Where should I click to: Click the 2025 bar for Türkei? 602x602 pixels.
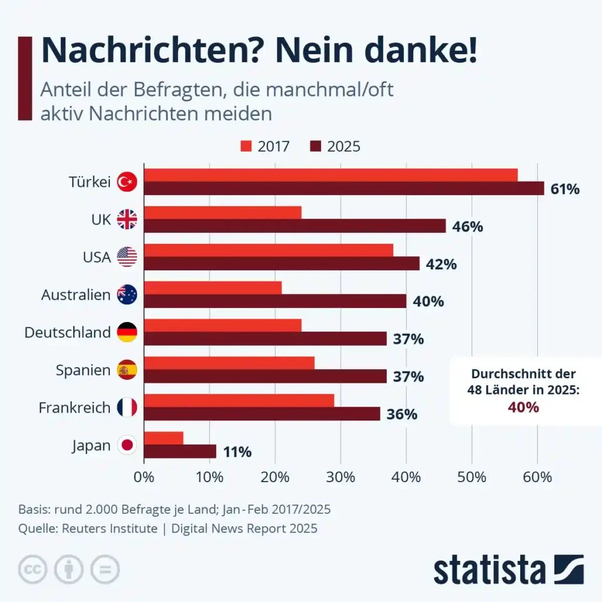coord(344,188)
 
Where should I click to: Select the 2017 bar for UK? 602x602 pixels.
coord(223,212)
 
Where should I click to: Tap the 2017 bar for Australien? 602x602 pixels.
coord(213,287)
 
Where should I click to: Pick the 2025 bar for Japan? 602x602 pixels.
coord(180,451)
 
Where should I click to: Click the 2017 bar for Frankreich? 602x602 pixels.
coord(239,400)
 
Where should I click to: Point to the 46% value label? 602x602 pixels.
coord(468,226)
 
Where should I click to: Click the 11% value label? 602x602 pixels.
coord(237,452)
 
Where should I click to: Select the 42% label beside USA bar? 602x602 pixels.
coord(442,264)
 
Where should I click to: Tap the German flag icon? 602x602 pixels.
coord(127,332)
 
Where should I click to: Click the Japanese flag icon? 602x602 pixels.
coord(127,445)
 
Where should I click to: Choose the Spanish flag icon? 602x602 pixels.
coord(127,370)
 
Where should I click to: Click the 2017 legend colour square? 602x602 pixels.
coord(246,146)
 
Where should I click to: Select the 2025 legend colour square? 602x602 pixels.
coord(316,146)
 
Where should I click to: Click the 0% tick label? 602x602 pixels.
coord(145,477)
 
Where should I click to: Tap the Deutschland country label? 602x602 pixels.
coord(67,332)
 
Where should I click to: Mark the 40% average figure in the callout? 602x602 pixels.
coord(524,407)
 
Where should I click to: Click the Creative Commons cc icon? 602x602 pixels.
coord(33,569)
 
